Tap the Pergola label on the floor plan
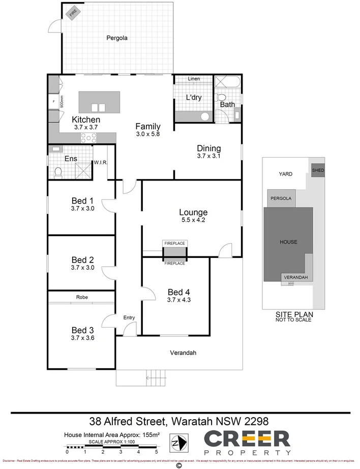[x=116, y=38]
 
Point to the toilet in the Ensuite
[x=58, y=172]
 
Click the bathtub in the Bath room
[x=227, y=82]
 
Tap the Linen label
[x=194, y=79]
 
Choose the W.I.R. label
[x=99, y=163]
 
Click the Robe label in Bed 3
[x=82, y=297]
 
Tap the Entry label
[x=129, y=318]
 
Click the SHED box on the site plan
[x=318, y=170]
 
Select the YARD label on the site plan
[x=285, y=174]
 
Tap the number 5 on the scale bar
[x=157, y=452]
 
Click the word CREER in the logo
[x=247, y=438]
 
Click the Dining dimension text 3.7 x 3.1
[x=209, y=157]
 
